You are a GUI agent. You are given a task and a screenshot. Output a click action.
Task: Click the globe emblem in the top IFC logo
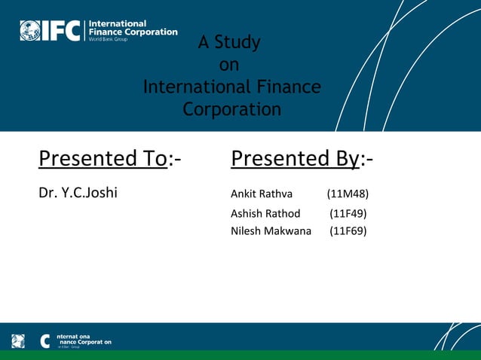30,30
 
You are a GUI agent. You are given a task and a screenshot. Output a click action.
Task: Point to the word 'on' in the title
228,65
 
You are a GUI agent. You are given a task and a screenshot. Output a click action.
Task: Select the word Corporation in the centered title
231,109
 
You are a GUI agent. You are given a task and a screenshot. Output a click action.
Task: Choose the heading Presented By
296,158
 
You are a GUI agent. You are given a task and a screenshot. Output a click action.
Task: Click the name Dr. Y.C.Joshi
78,194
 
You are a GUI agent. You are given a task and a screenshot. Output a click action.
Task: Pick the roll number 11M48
348,194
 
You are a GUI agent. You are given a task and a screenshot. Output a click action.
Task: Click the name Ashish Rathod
265,213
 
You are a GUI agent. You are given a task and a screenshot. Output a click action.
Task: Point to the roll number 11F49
348,213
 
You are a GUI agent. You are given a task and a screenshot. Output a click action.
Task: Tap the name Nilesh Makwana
271,230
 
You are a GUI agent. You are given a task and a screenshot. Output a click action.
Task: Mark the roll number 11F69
348,230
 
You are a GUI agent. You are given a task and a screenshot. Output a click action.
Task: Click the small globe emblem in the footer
18,341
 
